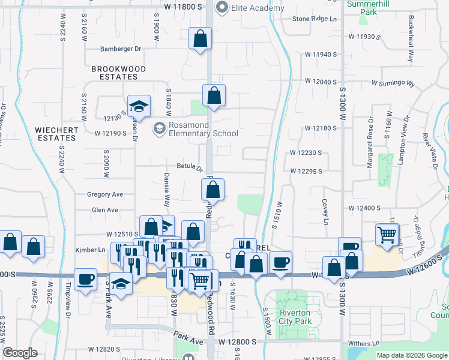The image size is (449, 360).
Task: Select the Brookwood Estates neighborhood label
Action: point(118,73)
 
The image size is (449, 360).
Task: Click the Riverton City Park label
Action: point(295,317)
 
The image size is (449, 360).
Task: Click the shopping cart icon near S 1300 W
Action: point(387,234)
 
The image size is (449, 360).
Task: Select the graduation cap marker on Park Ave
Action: point(122,284)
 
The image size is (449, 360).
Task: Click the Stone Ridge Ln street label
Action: point(315,19)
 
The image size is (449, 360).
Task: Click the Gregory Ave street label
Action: point(105,194)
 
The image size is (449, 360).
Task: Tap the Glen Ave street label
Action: point(105,210)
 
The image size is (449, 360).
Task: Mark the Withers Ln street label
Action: point(364,343)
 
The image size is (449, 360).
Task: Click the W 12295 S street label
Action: point(306,171)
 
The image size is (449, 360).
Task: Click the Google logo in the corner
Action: point(20,353)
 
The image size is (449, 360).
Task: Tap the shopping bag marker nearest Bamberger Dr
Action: point(200,39)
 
